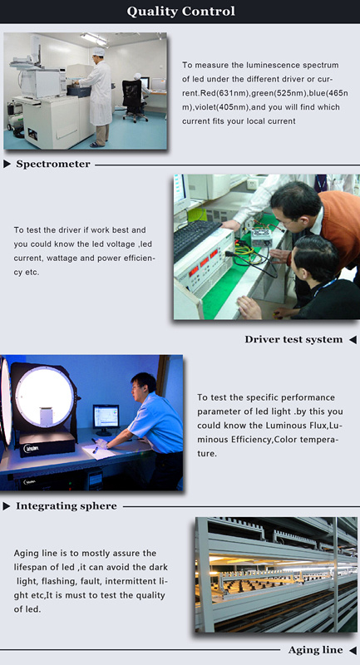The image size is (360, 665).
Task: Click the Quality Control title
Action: point(180,12)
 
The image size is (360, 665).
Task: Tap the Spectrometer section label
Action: point(53,164)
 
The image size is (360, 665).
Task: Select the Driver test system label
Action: point(293,339)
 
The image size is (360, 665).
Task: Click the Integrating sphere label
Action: point(67,506)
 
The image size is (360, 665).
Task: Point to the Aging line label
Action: point(315,650)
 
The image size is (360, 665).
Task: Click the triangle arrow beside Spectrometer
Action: point(7,164)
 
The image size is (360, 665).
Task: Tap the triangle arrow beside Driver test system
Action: point(353,340)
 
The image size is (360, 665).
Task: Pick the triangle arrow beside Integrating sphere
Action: point(7,506)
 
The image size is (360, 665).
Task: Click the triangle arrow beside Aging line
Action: point(353,650)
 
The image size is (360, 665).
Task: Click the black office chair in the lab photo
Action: point(133,99)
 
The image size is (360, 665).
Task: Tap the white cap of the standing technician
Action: point(98,52)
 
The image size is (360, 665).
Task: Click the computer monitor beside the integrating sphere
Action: point(106,419)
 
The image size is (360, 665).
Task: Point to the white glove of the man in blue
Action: point(101,444)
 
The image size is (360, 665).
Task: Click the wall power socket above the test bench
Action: point(253,184)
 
